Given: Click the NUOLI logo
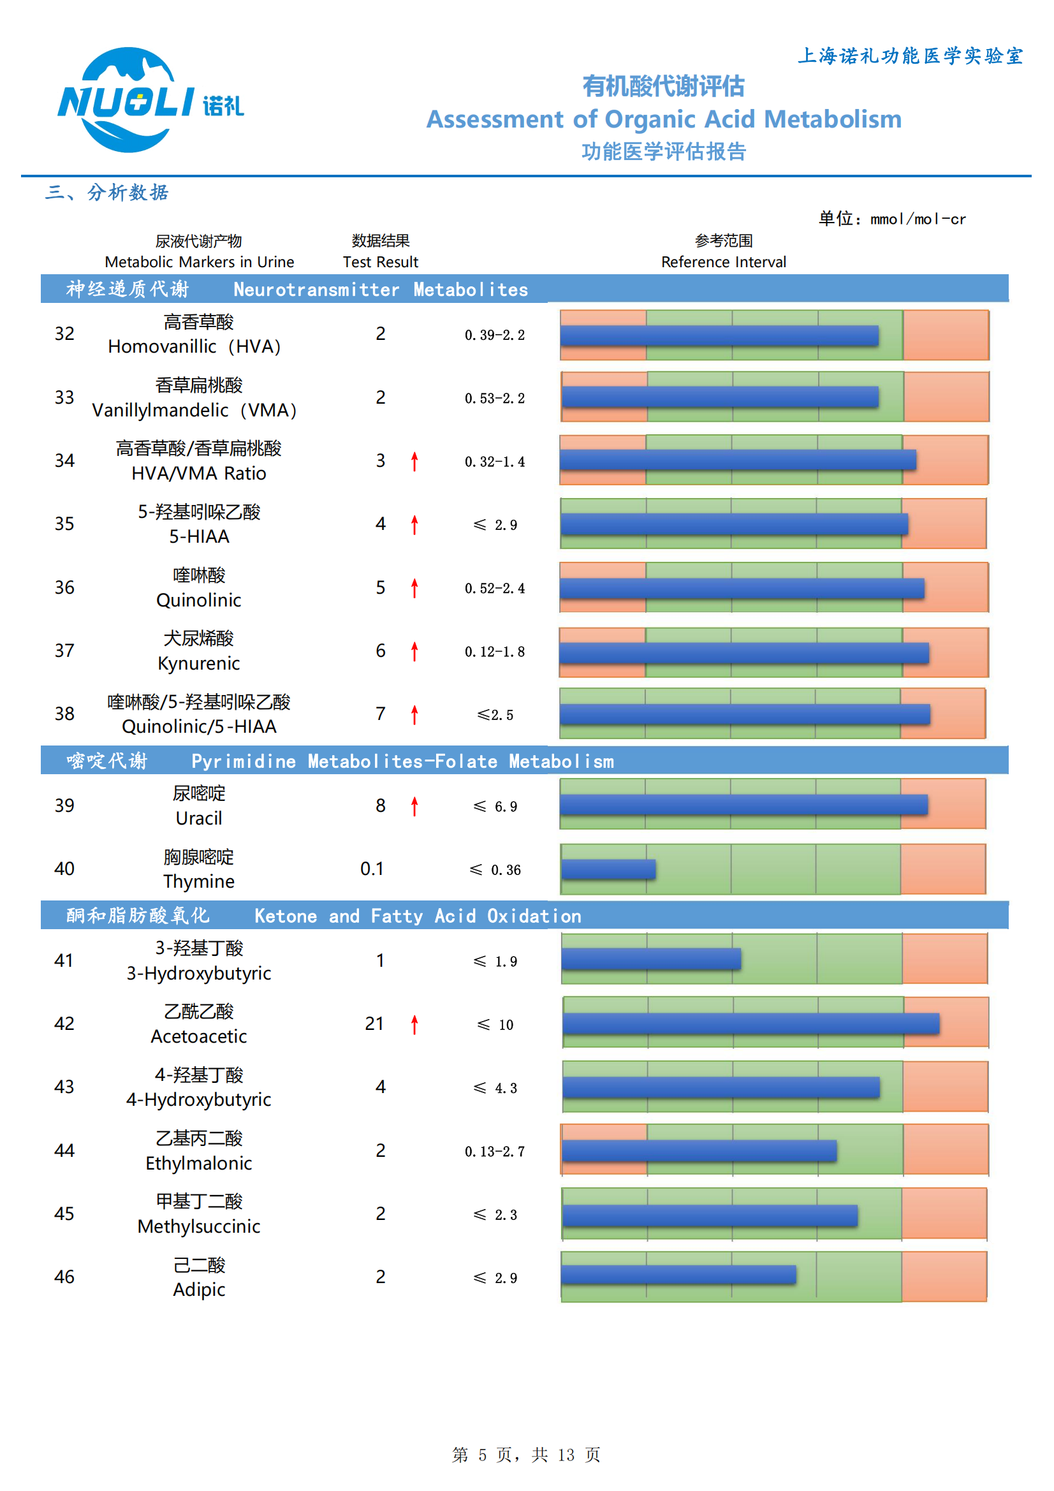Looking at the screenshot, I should click(149, 101).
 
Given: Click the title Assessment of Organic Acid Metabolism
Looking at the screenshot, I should click(663, 119).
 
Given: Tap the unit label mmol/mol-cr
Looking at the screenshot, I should click(917, 219).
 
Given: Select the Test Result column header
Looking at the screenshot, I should click(381, 261).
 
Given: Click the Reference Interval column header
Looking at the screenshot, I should click(723, 261).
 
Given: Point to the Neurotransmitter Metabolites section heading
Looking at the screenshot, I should click(381, 290).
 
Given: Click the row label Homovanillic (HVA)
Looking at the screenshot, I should click(195, 347).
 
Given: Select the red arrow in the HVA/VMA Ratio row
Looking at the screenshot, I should click(414, 461).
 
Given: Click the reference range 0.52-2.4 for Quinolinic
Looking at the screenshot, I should click(495, 589).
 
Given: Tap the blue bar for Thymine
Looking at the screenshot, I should click(608, 869).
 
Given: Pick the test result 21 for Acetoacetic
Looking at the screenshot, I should click(374, 1024).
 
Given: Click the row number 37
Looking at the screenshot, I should click(64, 650).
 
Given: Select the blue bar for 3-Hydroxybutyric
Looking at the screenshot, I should click(651, 958).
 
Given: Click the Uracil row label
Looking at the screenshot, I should click(199, 818).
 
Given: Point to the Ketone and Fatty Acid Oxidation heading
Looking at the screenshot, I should click(418, 916).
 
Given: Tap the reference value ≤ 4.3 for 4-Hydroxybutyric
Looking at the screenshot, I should click(495, 1089).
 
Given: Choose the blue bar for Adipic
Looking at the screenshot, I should click(678, 1275).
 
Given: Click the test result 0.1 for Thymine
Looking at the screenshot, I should click(372, 869).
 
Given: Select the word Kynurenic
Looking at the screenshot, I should click(199, 664).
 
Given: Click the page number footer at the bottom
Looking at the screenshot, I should click(526, 1455).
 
